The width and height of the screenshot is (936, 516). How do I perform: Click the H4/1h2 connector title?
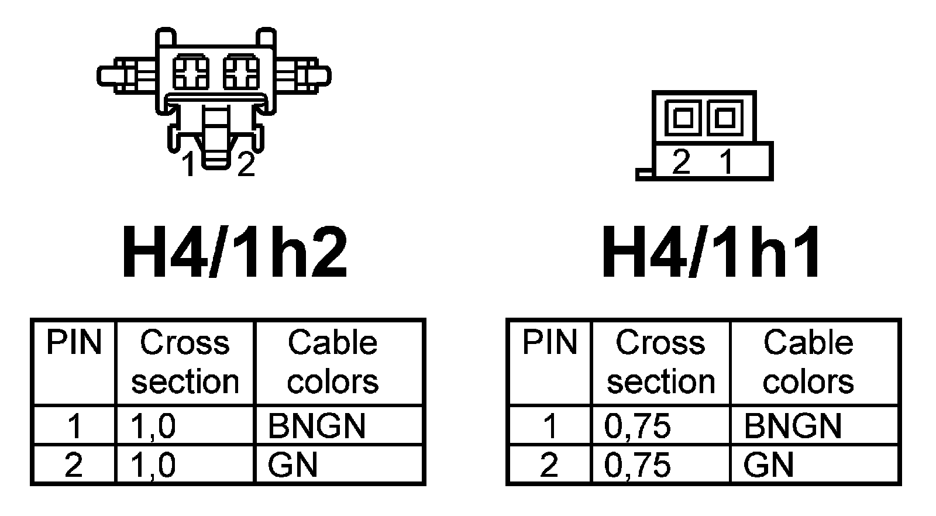click(x=234, y=253)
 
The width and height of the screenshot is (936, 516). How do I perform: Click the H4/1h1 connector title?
click(x=712, y=253)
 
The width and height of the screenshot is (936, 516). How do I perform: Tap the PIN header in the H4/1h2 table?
click(x=74, y=343)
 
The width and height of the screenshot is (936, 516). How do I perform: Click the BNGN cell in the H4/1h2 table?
click(x=316, y=426)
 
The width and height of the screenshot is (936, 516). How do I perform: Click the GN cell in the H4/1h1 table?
click(x=768, y=466)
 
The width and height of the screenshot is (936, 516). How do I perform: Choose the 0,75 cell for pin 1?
click(x=637, y=426)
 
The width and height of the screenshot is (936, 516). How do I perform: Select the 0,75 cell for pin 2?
click(x=637, y=466)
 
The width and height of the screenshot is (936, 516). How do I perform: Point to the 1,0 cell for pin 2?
click(x=154, y=466)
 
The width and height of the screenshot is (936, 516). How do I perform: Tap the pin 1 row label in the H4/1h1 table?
click(x=550, y=426)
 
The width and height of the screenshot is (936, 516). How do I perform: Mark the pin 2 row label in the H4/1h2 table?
click(x=74, y=466)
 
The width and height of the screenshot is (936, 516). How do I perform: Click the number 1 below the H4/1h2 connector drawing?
click(x=188, y=165)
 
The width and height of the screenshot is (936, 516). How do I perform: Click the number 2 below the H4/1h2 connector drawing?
click(x=246, y=165)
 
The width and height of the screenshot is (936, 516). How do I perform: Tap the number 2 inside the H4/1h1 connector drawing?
click(x=681, y=161)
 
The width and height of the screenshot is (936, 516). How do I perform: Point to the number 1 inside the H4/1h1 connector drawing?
click(x=726, y=161)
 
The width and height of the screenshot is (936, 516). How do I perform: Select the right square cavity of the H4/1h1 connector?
click(x=724, y=118)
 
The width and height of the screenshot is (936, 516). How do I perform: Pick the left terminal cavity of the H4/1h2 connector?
click(x=191, y=73)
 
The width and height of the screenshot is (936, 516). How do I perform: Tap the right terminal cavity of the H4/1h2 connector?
click(x=242, y=73)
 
